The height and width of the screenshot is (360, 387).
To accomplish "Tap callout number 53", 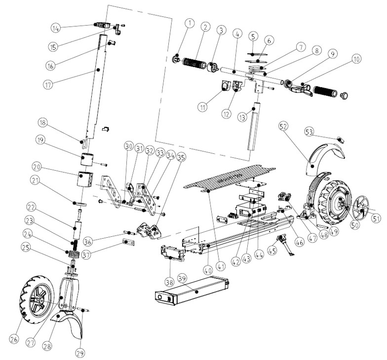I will coord(309,132).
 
